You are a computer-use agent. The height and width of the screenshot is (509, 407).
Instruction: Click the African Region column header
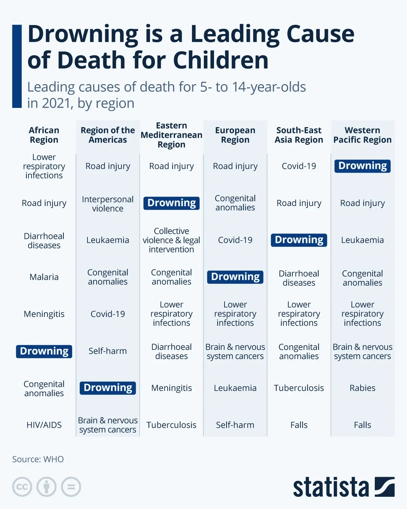coord(44,135)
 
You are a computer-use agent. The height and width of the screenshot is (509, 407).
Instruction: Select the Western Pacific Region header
coord(362,135)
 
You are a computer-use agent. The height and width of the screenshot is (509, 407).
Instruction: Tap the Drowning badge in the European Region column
coord(235,277)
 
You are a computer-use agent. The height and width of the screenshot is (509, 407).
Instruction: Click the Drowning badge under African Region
coord(44,351)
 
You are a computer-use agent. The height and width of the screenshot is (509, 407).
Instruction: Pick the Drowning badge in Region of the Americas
coord(108,388)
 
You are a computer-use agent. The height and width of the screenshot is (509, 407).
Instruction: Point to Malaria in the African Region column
coord(44,277)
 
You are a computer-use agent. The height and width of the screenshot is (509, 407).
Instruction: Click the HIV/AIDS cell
coord(44,425)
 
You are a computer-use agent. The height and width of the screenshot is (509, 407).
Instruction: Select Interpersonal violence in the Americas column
coord(108,204)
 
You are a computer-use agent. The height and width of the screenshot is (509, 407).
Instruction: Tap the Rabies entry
coord(362,388)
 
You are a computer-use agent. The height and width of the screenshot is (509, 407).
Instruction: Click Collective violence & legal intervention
coord(171,240)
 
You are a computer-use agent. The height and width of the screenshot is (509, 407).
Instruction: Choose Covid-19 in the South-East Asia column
coord(299,166)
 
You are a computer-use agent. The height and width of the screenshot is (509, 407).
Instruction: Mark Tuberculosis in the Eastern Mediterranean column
coord(171,425)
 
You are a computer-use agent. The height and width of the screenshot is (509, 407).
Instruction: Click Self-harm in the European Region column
coord(235,425)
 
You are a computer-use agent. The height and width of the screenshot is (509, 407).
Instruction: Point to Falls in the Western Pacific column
coord(362,425)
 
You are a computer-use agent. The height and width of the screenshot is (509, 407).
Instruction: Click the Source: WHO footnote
coord(38,459)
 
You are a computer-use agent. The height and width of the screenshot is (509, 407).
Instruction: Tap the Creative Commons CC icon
coord(22,487)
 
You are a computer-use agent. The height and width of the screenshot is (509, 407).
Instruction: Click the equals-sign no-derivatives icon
coord(71,487)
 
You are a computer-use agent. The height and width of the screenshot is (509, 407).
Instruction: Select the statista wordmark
coord(331,488)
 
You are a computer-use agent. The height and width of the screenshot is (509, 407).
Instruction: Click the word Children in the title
coord(221,60)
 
